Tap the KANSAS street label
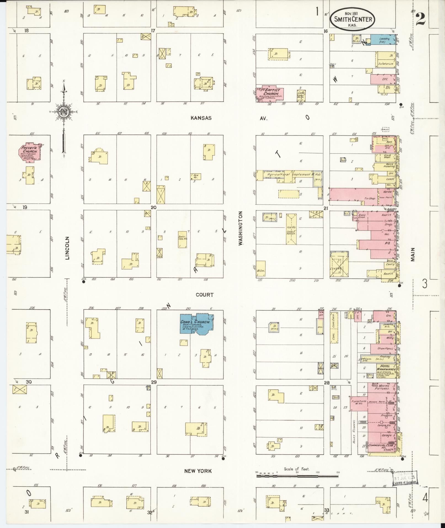(201, 118)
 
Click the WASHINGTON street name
(240, 228)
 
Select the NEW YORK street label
(198, 471)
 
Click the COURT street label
(204, 295)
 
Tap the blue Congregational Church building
(197, 324)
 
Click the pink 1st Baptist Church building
(271, 93)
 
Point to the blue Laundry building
(383, 40)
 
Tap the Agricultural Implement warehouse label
(289, 174)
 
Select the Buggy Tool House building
(182, 239)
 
